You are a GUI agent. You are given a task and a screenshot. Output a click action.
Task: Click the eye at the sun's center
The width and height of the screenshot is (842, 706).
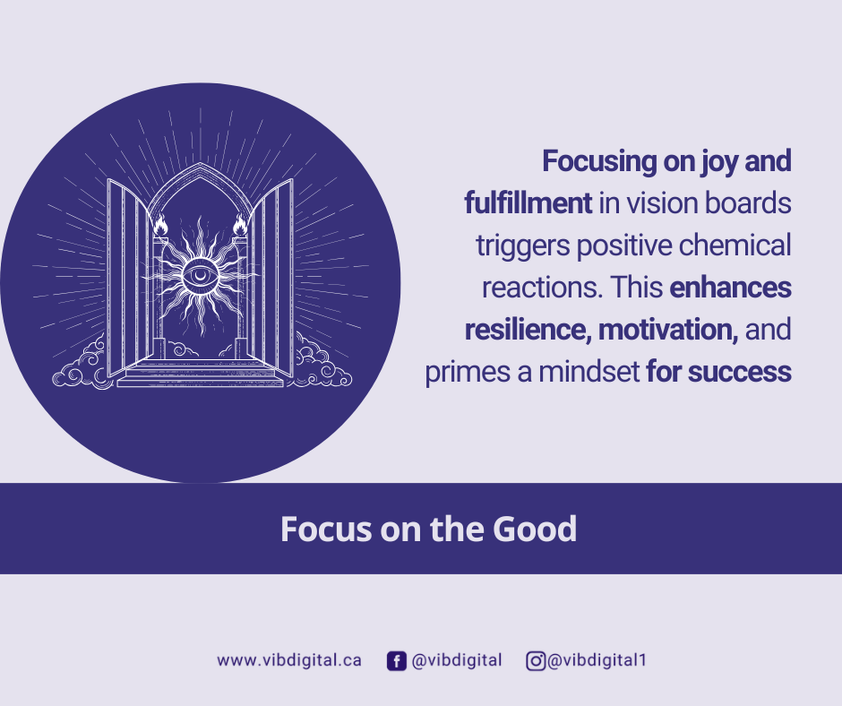(x=200, y=276)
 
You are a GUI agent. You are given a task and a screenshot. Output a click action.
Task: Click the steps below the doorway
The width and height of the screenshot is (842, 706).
(x=200, y=373)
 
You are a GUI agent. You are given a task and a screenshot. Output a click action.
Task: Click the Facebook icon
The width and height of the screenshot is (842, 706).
(x=396, y=661)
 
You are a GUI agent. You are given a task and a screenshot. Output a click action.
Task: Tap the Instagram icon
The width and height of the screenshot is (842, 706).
(x=536, y=661)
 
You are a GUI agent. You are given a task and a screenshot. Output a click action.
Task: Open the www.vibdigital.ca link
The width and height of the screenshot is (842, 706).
(x=289, y=660)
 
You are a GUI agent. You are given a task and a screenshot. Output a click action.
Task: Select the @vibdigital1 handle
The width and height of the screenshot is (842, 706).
(x=597, y=660)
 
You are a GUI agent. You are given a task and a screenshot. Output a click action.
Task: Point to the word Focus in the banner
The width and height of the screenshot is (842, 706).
(x=326, y=529)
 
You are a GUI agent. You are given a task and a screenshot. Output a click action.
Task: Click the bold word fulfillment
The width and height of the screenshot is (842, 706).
(x=528, y=203)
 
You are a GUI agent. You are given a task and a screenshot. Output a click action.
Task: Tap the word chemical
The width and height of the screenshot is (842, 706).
(x=735, y=245)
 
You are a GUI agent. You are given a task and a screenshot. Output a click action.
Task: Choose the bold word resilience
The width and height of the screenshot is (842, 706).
(x=528, y=330)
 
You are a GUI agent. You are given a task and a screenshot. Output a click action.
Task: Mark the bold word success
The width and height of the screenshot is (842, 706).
(x=739, y=372)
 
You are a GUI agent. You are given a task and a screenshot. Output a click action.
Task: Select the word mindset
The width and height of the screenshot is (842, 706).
(x=589, y=372)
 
